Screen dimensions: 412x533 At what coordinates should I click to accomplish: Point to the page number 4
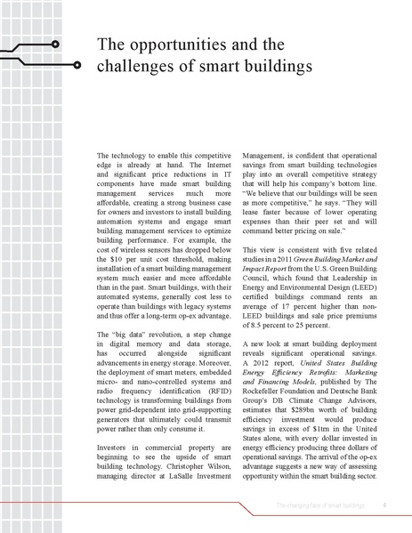coord(382,505)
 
